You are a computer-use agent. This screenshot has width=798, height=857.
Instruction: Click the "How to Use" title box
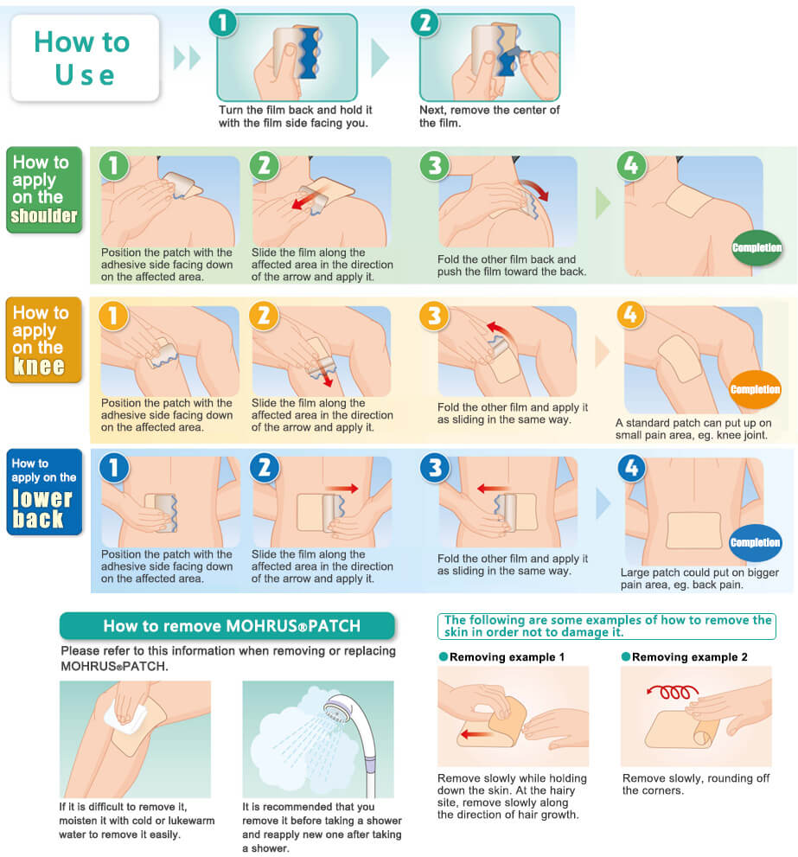coord(85,58)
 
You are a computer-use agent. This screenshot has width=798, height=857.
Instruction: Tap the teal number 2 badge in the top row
coord(425,23)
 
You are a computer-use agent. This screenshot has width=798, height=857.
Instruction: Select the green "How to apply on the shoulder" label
coord(44,189)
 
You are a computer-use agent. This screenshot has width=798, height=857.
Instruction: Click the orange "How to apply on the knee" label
coord(44,340)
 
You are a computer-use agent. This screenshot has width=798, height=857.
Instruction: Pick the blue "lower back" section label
coord(44,492)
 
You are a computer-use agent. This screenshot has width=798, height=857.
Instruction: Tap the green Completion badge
coord(757,247)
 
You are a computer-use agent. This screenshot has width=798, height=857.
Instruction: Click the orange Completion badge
coord(756,389)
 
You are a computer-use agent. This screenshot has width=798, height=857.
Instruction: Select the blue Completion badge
coord(756,542)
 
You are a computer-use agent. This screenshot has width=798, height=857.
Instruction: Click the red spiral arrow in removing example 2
coord(673,691)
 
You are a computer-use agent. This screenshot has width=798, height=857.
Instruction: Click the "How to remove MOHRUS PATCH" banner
coord(227,625)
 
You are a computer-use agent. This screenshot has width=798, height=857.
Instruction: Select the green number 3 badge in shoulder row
coord(435,166)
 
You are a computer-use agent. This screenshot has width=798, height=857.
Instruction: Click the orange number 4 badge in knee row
coord(631,315)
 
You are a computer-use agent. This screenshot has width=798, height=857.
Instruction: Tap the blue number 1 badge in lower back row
coord(113,468)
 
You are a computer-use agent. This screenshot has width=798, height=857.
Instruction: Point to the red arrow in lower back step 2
coord(342,489)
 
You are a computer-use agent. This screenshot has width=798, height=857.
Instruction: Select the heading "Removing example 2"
coord(690,657)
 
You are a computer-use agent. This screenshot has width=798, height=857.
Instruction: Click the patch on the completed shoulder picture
coord(689,201)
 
